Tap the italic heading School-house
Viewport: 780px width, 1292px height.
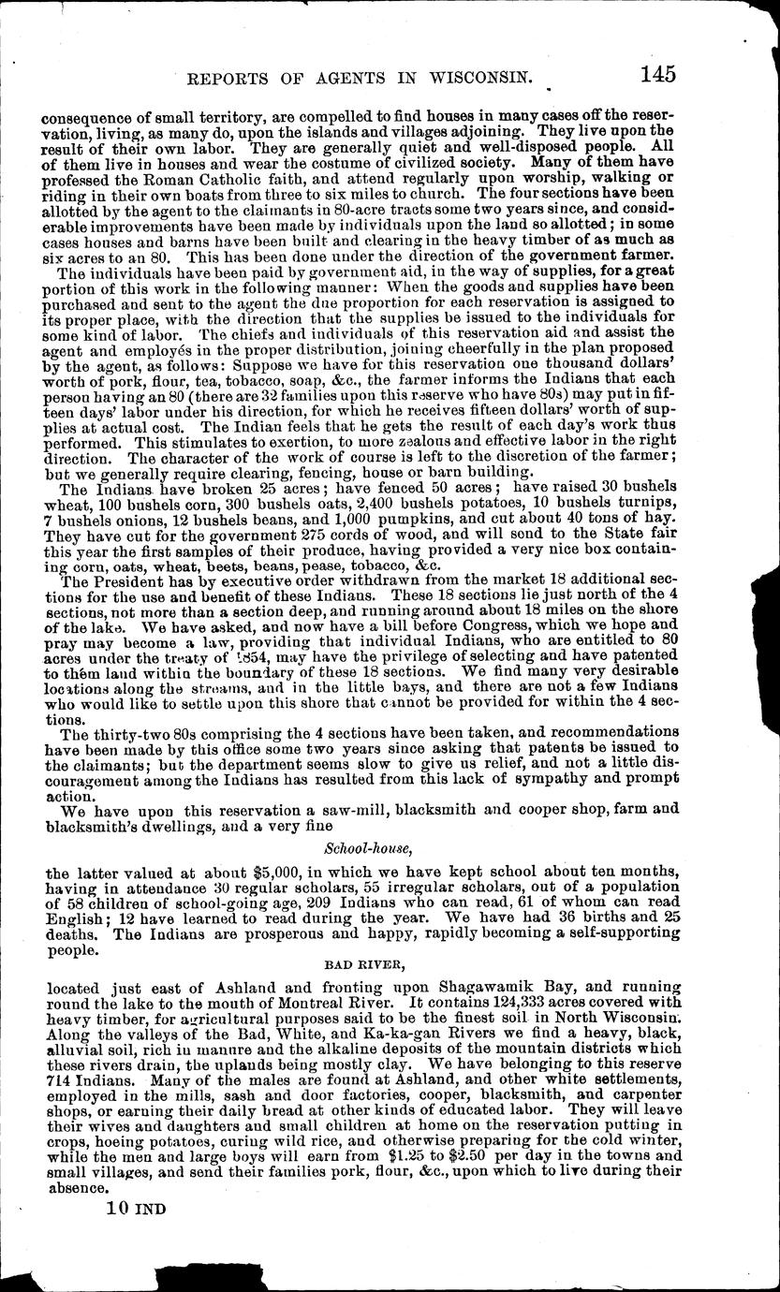(x=366, y=850)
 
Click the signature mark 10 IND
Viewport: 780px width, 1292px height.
(x=131, y=1208)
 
